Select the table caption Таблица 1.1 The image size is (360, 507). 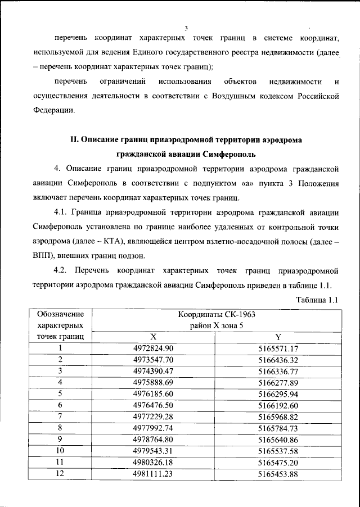pos(317,300)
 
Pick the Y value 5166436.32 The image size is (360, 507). pos(278,359)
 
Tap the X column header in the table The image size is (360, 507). pos(153,337)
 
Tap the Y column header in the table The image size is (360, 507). pos(278,337)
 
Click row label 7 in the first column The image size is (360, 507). pos(60,416)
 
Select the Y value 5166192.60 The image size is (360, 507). pos(278,405)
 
